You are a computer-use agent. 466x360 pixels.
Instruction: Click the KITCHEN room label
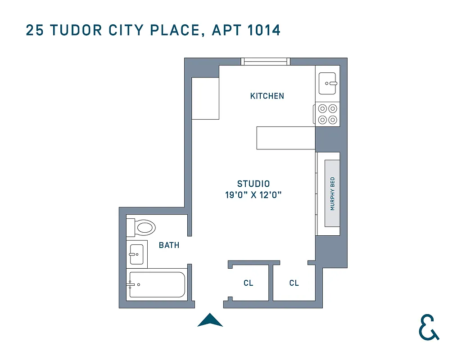[267, 96]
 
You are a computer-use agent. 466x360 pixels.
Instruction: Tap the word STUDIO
[253, 184]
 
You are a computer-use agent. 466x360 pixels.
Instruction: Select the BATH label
[169, 245]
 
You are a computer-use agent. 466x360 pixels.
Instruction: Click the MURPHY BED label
[333, 194]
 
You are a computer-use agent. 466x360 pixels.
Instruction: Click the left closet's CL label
[248, 283]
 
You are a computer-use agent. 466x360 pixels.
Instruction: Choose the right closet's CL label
[294, 283]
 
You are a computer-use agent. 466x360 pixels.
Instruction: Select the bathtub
[156, 284]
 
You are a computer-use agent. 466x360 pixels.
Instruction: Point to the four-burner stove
[327, 114]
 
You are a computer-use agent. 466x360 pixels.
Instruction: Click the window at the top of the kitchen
[265, 62]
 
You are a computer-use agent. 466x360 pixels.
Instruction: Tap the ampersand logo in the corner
[429, 327]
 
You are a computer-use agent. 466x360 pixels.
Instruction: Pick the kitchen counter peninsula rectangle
[285, 138]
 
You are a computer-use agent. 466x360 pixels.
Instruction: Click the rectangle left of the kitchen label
[205, 98]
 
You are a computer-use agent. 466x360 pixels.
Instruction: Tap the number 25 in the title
[35, 30]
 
